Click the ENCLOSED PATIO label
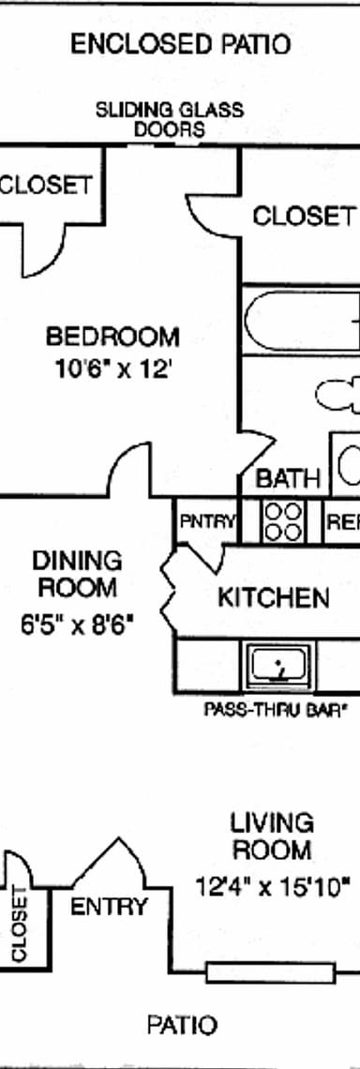[x=180, y=44]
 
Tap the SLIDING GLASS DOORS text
[x=170, y=119]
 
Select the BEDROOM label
[x=112, y=336]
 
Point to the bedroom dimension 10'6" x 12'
[x=112, y=369]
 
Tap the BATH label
[x=288, y=478]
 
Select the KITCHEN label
[x=273, y=597]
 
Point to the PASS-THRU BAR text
[x=276, y=710]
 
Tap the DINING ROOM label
[x=78, y=574]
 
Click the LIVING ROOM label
[x=272, y=836]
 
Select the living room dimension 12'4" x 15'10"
[x=273, y=885]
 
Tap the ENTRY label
[x=110, y=907]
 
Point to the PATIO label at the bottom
[x=181, y=1025]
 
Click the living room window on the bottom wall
[x=270, y=972]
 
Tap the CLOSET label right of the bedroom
[x=304, y=217]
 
